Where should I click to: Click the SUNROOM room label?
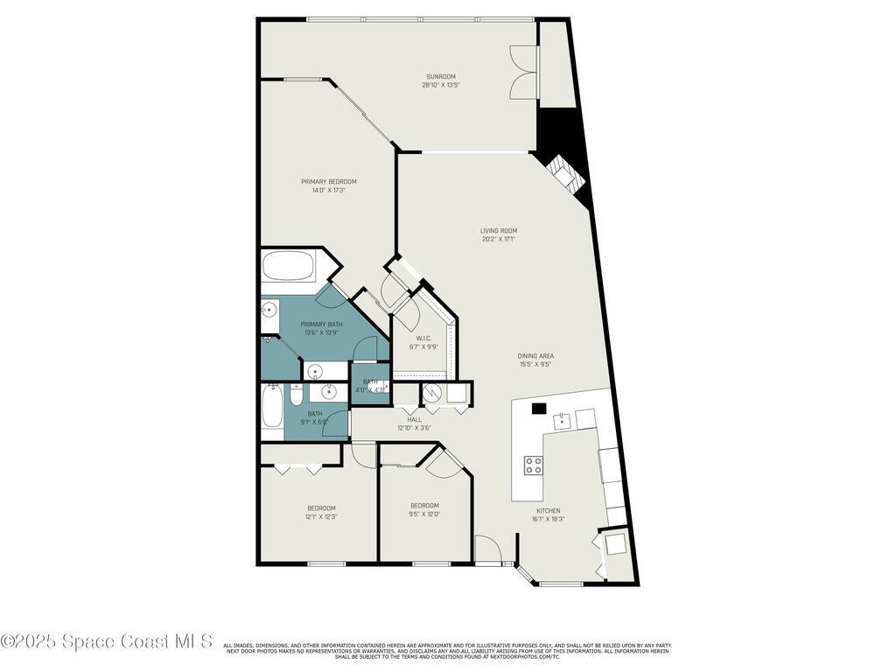pyautogui.click(x=440, y=77)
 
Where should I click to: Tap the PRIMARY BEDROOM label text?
pyautogui.click(x=328, y=182)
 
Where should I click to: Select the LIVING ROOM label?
pyautogui.click(x=499, y=231)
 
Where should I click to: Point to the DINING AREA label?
pyautogui.click(x=535, y=356)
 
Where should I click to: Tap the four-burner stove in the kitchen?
pyautogui.click(x=533, y=465)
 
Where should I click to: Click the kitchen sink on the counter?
pyautogui.click(x=561, y=421)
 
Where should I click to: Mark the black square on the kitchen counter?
pyautogui.click(x=539, y=408)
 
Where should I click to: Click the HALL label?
pyautogui.click(x=414, y=420)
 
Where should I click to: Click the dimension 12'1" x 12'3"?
pyautogui.click(x=321, y=517)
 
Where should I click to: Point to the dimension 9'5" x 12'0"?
pyautogui.click(x=424, y=514)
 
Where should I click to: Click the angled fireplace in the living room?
pyautogui.click(x=563, y=176)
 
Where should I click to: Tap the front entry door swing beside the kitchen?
pyautogui.click(x=487, y=549)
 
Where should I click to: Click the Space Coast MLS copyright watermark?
pyautogui.click(x=106, y=641)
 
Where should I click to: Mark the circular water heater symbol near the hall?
pyautogui.click(x=433, y=395)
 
